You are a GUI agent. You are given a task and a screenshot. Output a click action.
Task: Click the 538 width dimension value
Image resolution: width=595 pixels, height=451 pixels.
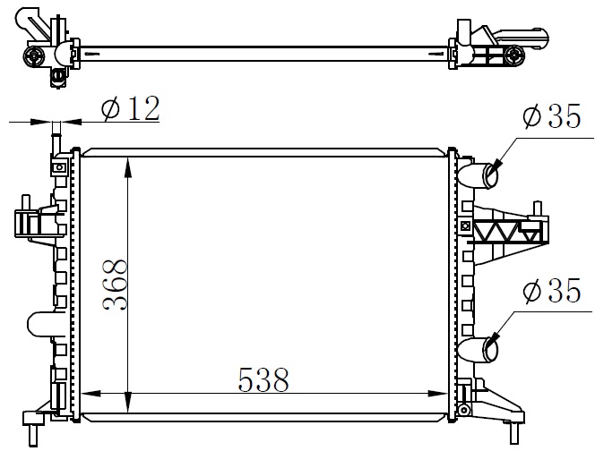click(263, 379)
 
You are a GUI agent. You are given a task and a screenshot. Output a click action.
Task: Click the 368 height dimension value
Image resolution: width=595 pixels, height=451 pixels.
click(115, 285)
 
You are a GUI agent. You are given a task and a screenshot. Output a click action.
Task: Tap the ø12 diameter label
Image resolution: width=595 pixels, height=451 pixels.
click(131, 108)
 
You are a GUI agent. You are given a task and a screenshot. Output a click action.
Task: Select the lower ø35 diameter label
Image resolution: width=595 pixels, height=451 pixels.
click(551, 290)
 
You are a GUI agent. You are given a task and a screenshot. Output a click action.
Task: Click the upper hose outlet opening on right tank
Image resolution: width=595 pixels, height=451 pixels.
click(490, 174)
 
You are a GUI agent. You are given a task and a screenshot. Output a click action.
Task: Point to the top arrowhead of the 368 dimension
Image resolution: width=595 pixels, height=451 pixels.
click(128, 167)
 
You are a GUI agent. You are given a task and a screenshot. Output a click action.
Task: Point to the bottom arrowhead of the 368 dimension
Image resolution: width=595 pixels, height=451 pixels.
click(128, 403)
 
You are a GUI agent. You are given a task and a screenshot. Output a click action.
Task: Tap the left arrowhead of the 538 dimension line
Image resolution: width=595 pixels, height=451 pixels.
click(91, 394)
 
